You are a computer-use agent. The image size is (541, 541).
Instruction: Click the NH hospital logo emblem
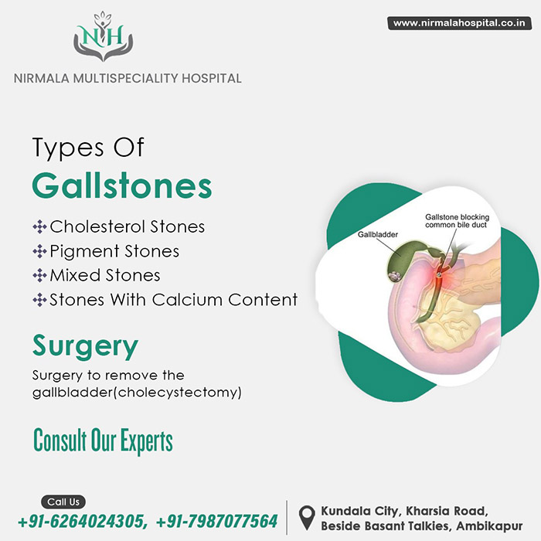click(103, 36)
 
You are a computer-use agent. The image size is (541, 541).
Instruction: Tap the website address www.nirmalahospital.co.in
click(459, 23)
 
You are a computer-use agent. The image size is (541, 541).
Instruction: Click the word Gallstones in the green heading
click(122, 185)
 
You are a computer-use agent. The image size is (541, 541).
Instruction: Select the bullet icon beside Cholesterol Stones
click(39, 226)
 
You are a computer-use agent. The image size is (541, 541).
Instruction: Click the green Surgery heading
click(85, 346)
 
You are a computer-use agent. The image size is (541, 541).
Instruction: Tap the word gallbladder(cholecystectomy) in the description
click(137, 393)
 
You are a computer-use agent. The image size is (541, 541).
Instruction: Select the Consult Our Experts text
click(103, 441)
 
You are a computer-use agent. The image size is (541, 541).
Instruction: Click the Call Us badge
click(63, 502)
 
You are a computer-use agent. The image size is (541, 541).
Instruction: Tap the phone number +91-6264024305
click(82, 521)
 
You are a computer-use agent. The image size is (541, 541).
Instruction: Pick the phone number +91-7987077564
click(216, 521)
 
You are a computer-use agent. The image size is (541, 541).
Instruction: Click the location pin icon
click(307, 518)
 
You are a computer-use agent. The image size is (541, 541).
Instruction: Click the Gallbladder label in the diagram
click(377, 235)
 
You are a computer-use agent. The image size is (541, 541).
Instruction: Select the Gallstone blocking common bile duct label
click(457, 221)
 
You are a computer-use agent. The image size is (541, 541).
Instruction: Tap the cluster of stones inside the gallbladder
click(394, 276)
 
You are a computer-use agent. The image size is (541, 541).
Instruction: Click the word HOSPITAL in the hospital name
click(212, 78)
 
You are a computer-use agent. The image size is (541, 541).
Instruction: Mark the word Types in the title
click(68, 148)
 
